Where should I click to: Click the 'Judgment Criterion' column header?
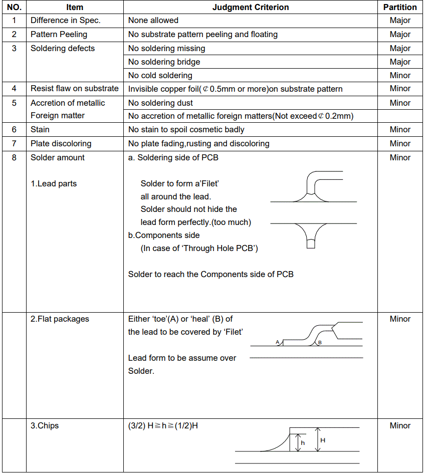point(251,7)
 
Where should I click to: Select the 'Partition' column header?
point(400,7)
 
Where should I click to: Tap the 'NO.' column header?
point(14,7)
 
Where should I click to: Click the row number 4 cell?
point(14,89)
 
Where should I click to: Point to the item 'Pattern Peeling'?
point(59,35)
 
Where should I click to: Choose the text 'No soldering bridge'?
point(164,62)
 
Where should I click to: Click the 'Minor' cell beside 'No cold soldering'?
point(400,76)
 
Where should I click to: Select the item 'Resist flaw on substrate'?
point(74,89)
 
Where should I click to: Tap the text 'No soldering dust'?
point(160,103)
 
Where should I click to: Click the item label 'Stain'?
point(40,130)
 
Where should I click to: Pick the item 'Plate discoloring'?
point(61,144)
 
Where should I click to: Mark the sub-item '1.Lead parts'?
point(54,184)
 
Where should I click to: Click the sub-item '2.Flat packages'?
point(60,319)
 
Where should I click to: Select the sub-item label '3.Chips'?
point(45,426)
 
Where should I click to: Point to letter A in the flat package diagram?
point(278,342)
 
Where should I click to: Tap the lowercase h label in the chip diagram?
point(303,443)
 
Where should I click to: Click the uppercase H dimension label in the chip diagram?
point(323,440)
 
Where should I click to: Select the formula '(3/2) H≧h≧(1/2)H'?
point(163,426)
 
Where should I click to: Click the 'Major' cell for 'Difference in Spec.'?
point(400,21)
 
